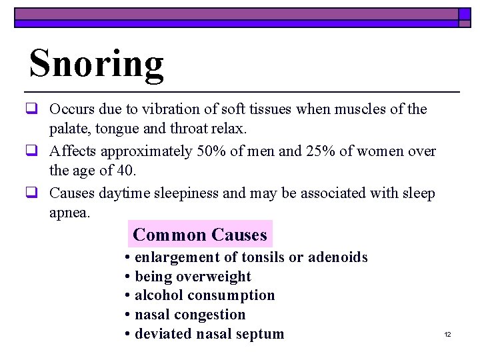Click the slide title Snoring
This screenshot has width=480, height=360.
[97, 65]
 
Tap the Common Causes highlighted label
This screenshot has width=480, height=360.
[200, 235]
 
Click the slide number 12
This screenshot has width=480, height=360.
[448, 334]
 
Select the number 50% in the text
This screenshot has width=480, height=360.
[212, 151]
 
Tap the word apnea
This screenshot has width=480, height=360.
[69, 213]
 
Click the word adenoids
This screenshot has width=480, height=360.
[338, 257]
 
